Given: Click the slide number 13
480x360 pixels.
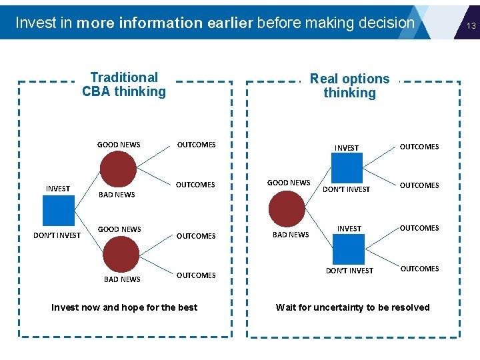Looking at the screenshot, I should pos(471,25).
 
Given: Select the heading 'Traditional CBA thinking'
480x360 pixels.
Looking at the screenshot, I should pos(124,85).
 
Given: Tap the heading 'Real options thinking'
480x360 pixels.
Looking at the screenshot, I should pos(349,86).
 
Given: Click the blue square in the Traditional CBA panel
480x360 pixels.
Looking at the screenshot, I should pos(59,211).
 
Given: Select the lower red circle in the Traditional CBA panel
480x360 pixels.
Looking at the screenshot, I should pos(121,253).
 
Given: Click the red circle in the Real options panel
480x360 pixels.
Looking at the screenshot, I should pos(287,209).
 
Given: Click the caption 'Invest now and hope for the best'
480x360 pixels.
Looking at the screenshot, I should pos(125,307).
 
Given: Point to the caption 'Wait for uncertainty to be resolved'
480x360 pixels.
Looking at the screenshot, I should pos(353,307).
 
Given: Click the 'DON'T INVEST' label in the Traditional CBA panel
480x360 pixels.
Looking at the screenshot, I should pos(57,235).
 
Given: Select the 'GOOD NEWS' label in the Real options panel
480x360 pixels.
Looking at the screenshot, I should pos(289,183).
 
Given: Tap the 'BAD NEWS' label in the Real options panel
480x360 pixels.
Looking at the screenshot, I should pos(291,235).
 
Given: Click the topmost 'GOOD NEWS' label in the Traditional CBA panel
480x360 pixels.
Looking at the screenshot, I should pos(119,145).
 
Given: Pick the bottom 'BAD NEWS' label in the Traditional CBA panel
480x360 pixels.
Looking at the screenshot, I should pos(122,279).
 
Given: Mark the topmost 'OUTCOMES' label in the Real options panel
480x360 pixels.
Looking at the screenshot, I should pos(419,147).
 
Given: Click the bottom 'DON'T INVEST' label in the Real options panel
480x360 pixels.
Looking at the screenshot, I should pos(349,271).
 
